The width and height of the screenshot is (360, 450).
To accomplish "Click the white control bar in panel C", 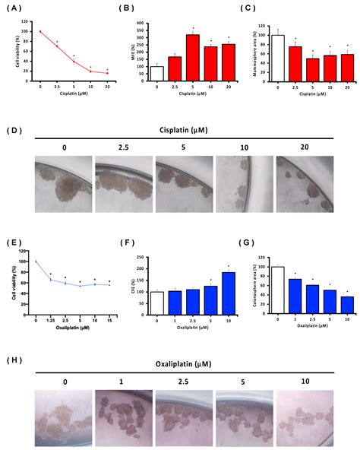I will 278,56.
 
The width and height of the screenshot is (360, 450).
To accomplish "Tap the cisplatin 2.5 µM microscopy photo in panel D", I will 123,183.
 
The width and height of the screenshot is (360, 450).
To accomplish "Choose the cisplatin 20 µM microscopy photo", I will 304,183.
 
